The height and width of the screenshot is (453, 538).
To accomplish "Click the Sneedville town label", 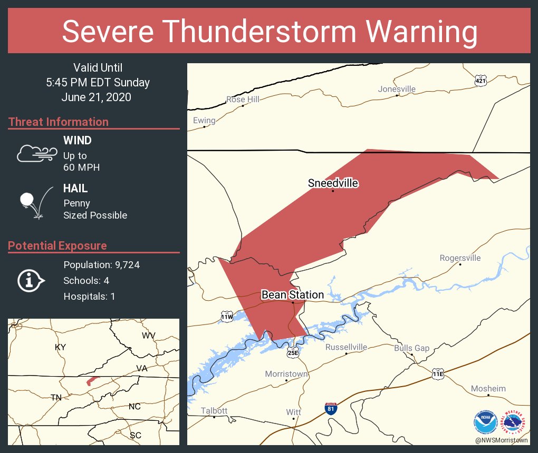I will coord(333,183).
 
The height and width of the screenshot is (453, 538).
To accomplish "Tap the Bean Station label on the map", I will coord(292,295).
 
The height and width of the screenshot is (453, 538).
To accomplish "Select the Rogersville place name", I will coord(460,258).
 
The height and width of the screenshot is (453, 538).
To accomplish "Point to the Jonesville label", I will coord(397,89).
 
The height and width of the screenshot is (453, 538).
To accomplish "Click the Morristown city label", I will coord(286,374).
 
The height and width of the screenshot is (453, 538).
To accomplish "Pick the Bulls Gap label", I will coord(411,348).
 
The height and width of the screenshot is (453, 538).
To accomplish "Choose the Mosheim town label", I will coord(488,389).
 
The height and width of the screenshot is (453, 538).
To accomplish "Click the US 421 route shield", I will coord(481,81).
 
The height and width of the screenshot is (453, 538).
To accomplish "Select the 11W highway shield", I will coord(227,317).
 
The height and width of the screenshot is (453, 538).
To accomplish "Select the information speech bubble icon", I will coord(31,280).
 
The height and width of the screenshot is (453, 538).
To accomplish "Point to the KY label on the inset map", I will coord(61,347).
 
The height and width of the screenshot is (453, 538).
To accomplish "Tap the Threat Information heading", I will coord(59,122).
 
